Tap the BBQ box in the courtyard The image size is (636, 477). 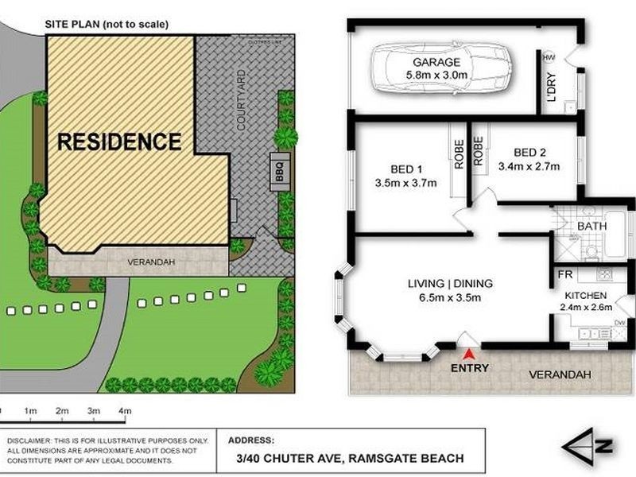tap(279, 169)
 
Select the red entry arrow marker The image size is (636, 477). tap(470, 355)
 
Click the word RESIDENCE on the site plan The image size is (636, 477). tap(119, 142)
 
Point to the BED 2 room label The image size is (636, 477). tap(529, 153)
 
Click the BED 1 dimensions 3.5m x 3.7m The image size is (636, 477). tap(405, 182)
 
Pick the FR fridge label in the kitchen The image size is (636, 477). tap(564, 274)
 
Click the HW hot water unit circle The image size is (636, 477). tap(549, 57)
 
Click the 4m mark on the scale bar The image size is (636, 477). tap(124, 411)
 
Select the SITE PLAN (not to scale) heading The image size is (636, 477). tap(108, 24)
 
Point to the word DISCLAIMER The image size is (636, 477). tap(30, 440)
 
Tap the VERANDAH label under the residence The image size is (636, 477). tap(150, 261)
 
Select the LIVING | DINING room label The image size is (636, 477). tap(450, 284)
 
